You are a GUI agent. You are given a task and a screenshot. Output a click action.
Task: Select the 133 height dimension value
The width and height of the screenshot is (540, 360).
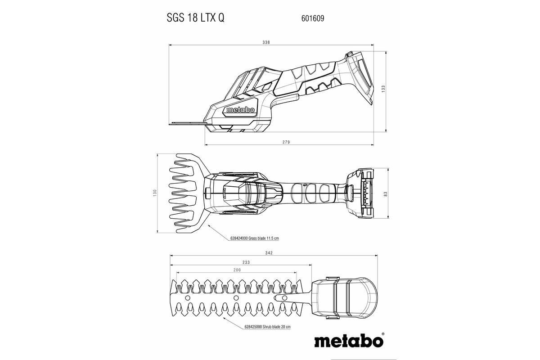coord(384,89)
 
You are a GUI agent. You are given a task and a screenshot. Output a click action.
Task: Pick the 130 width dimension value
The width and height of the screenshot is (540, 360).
coord(155,192)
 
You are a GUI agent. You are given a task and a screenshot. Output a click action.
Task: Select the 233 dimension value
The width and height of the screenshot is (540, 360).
coord(246,262)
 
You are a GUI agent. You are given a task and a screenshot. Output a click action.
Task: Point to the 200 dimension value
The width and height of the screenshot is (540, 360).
coord(237,270)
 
